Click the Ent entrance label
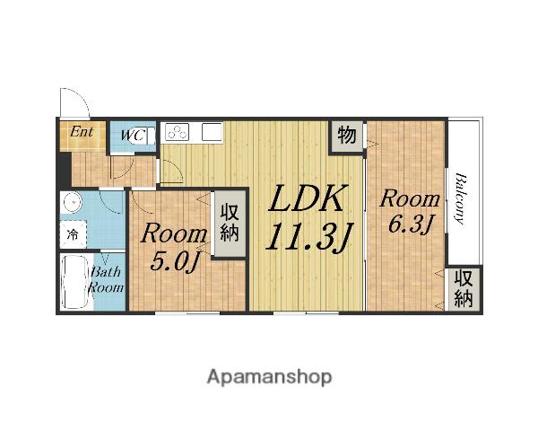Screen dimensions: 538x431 coord(82,132)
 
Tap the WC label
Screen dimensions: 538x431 coord(133,135)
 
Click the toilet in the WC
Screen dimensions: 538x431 coord(149,136)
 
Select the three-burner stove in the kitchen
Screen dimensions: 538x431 coord(177,132)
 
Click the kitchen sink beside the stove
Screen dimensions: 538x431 coord(212,132)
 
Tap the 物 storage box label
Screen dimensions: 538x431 coord(346,135)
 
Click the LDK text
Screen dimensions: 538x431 coord(307,198)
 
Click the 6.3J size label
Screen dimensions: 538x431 coord(410,224)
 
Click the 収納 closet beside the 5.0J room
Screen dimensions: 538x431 coord(230,223)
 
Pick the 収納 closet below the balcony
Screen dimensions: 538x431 coord(464,288)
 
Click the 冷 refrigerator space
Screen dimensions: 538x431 coord(73,234)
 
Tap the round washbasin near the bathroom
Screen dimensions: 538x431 coord(72,203)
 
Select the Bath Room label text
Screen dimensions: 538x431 coord(106,279)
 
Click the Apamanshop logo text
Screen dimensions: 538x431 coord(269,377)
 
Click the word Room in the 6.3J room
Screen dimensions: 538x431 coord(410,199)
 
